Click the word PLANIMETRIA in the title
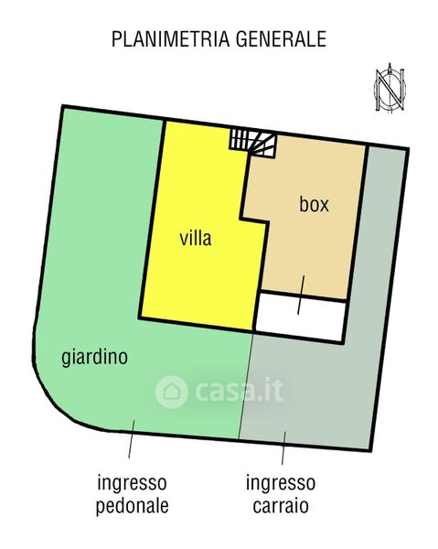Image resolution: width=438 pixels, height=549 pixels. [170, 38]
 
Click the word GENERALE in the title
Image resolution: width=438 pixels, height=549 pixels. [281, 38]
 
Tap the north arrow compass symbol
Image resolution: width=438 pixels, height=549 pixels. [390, 87]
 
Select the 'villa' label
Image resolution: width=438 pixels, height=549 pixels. [196, 239]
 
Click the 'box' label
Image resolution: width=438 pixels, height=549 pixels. [314, 204]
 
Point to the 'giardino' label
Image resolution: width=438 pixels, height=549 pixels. [94, 358]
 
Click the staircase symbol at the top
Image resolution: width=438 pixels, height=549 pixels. [252, 144]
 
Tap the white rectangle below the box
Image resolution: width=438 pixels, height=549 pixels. [300, 317]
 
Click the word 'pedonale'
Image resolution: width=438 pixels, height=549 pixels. [133, 506]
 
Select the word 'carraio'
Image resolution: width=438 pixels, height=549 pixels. [281, 506]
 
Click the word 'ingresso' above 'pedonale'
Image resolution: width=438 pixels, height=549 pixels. [133, 483]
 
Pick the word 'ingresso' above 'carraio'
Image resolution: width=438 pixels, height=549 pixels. [281, 483]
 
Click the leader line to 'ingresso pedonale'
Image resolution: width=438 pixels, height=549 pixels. [132, 439]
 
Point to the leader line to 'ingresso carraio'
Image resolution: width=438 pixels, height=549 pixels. [283, 448]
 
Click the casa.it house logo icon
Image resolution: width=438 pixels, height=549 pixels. [171, 392]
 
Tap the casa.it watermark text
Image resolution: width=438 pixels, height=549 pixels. [240, 390]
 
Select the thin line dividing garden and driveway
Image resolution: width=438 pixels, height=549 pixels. [246, 385]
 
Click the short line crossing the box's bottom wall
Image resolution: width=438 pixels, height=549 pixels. [301, 295]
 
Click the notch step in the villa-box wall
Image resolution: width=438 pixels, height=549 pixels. [254, 221]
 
